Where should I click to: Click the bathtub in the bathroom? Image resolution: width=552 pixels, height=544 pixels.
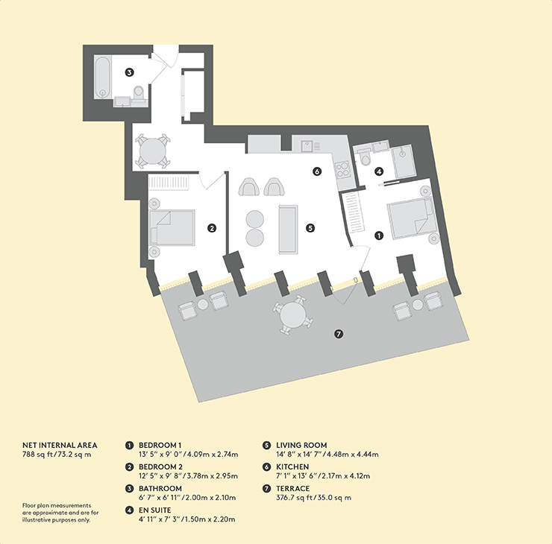pyautogui.click(x=103, y=77)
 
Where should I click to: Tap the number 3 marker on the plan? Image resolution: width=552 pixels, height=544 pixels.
pyautogui.click(x=130, y=72)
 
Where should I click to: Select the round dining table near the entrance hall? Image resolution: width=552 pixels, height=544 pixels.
pyautogui.click(x=153, y=150)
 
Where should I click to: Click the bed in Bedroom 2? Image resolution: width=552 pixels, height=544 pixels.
pyautogui.click(x=172, y=227)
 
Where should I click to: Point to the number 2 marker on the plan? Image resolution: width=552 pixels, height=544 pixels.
pyautogui.click(x=212, y=228)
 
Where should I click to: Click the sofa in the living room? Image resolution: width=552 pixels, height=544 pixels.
pyautogui.click(x=289, y=230)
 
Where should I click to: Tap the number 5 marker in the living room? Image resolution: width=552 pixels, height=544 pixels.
pyautogui.click(x=310, y=228)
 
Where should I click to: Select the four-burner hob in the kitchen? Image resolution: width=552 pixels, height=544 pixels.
pyautogui.click(x=342, y=170)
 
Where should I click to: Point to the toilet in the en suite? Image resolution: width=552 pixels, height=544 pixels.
pyautogui.click(x=364, y=157)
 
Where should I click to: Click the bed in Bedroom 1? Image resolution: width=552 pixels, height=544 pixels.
pyautogui.click(x=410, y=218)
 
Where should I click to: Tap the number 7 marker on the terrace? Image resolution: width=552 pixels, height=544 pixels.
pyautogui.click(x=339, y=334)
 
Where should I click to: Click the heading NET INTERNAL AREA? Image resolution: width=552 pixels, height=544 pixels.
pyautogui.click(x=60, y=445)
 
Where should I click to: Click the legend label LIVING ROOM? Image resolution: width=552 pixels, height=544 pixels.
pyautogui.click(x=301, y=445)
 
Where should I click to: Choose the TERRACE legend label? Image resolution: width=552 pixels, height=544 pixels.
pyautogui.click(x=293, y=488)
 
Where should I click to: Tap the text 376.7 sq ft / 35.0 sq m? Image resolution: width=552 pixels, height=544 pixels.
pyautogui.click(x=313, y=498)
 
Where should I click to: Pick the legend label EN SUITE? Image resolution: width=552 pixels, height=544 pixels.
pyautogui.click(x=155, y=510)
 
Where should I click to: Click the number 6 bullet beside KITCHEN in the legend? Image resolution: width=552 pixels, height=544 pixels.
pyautogui.click(x=266, y=467)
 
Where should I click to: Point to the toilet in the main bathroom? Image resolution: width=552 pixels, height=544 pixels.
pyautogui.click(x=138, y=93)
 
